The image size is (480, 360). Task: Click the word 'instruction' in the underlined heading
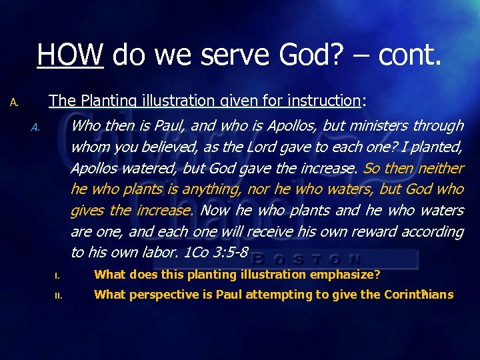coord(323,101)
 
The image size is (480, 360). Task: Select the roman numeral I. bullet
coord(57,275)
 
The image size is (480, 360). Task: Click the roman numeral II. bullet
coord(57,295)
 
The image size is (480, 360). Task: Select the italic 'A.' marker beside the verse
coord(36,127)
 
